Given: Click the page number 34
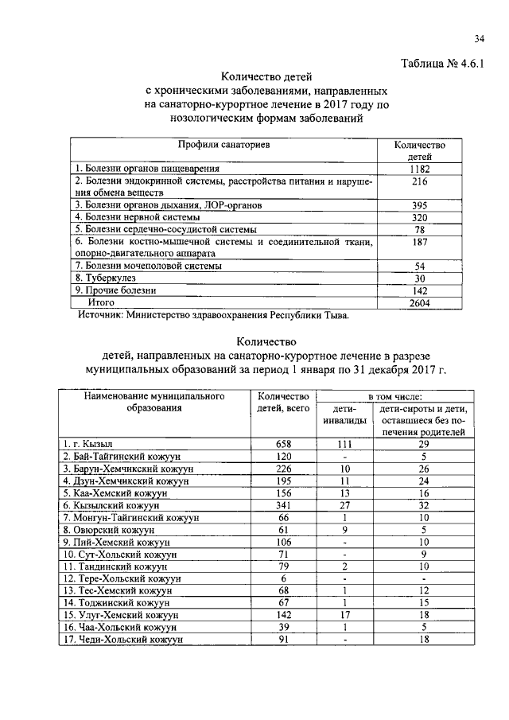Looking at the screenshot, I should (480, 40).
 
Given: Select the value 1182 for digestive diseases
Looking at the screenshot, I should (420, 169).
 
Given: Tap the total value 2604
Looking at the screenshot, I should (420, 303).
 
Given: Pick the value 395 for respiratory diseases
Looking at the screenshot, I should (420, 205).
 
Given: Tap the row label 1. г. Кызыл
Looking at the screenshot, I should (88, 442).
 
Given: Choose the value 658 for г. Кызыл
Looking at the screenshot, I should (283, 442).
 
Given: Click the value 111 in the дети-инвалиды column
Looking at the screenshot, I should (344, 442).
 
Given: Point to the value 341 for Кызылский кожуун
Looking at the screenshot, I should (283, 504).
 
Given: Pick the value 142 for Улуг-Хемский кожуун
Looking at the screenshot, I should (283, 615).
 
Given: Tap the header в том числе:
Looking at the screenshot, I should (394, 395).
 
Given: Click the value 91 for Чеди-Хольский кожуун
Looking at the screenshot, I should (283, 640).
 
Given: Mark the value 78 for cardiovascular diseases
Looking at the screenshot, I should (420, 229).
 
